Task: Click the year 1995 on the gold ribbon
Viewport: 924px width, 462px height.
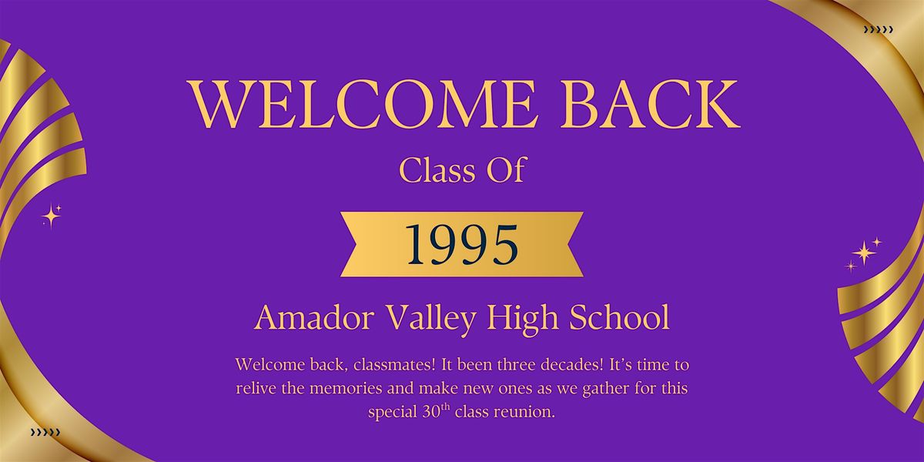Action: [x=463, y=244]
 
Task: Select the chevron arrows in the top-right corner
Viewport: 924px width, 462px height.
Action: [x=879, y=30]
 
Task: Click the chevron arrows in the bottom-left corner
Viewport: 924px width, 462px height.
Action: [x=45, y=433]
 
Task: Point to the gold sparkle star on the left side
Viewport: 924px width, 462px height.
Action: [x=52, y=216]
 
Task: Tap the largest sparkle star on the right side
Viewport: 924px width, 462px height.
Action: [x=864, y=253]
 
